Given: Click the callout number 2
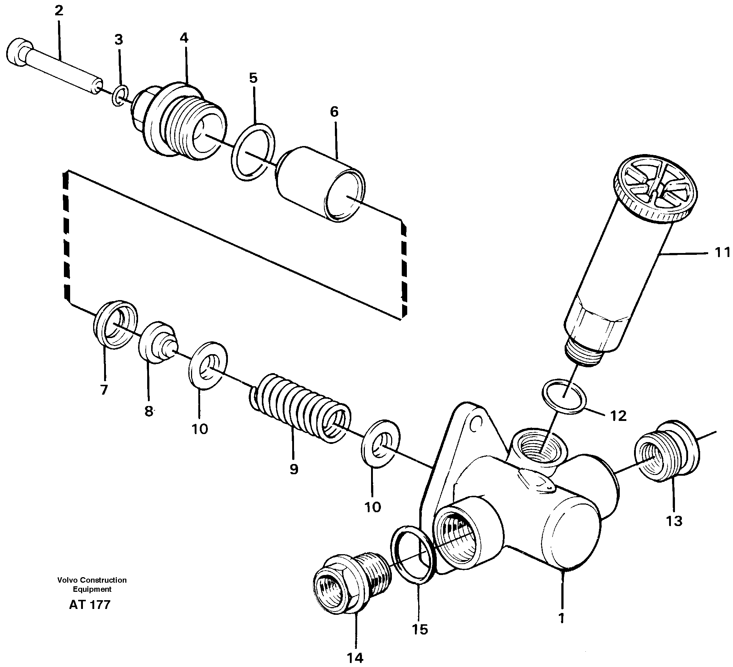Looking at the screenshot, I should (x=59, y=11).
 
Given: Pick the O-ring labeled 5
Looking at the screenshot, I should (x=253, y=152).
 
